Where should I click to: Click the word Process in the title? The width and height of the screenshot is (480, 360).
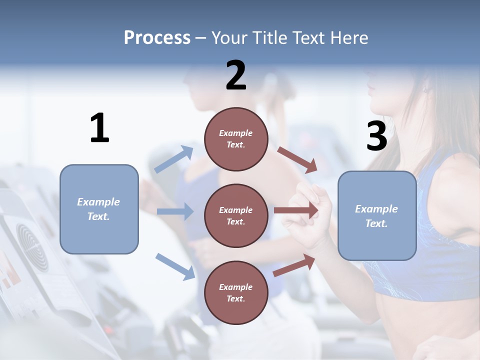point(157,37)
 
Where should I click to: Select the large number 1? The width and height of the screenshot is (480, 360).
point(99,128)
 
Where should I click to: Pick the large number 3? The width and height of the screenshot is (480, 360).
point(376,136)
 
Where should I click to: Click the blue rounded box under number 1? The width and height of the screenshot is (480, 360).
point(99,209)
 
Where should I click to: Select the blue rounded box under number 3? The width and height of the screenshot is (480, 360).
point(377,215)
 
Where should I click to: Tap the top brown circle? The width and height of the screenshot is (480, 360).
point(236,139)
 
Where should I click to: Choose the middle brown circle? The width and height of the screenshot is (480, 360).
point(236,215)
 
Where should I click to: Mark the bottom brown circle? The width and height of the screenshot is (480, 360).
point(236,292)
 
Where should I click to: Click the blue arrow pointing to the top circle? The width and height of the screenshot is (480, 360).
point(174,159)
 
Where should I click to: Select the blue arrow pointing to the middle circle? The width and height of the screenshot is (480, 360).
point(175,211)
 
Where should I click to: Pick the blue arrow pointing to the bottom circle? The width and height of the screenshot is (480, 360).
point(175,266)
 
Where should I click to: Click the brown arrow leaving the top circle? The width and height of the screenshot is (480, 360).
point(297,159)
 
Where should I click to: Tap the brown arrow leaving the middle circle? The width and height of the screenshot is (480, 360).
point(296,210)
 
